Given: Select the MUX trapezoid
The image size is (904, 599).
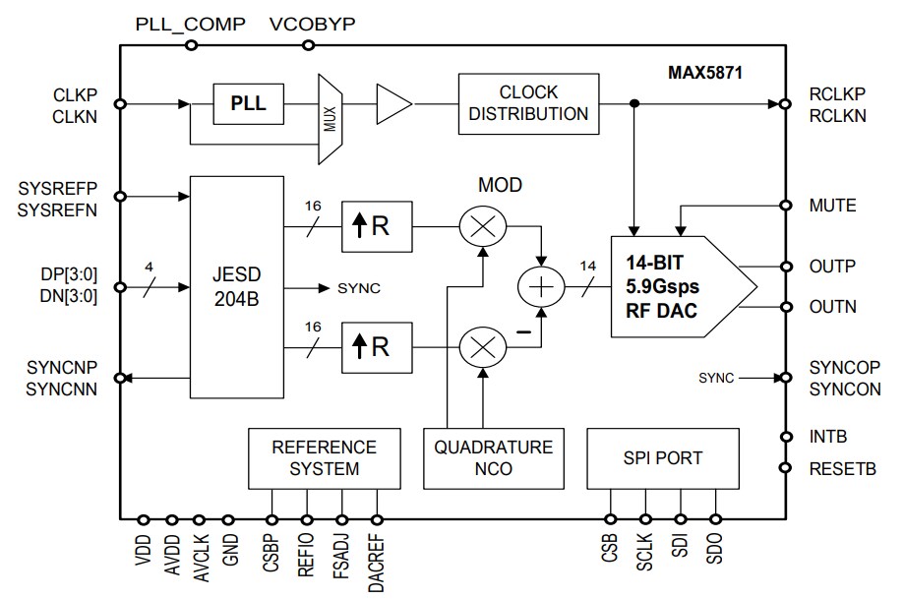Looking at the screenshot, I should point(330,119).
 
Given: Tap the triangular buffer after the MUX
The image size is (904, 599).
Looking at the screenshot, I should point(392,102).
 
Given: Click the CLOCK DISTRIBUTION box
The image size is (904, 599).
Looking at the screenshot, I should point(528,102).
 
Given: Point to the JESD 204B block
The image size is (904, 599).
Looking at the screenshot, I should point(236,287).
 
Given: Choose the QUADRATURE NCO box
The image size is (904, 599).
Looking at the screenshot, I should point(494,457).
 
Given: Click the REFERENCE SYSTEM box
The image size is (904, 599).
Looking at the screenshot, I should point(325,457).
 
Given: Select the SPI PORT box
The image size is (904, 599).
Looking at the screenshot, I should point(662,457).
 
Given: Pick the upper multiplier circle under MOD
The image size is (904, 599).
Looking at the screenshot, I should point(483,227).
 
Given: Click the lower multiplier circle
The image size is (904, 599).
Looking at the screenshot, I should point(483,348).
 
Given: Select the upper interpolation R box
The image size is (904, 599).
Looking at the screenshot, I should point(377,227).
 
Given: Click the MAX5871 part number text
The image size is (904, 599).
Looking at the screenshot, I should point(704,73).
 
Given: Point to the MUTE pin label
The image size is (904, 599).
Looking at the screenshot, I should point(832,206).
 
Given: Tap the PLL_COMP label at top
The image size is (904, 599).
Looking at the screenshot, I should point(190,25).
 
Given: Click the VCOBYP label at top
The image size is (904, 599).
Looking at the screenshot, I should point(311,25).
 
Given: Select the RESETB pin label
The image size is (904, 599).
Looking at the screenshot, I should point(843,468).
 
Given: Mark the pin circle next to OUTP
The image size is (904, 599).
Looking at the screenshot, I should point(785,266).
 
